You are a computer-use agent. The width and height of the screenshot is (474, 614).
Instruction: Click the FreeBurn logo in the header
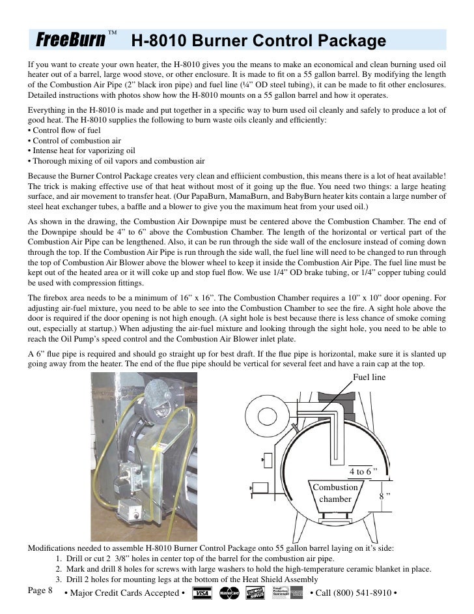[x=70, y=40]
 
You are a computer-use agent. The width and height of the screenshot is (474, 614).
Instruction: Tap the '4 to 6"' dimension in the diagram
[x=363, y=471]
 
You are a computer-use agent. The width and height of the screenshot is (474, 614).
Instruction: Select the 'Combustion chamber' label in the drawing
[x=335, y=493]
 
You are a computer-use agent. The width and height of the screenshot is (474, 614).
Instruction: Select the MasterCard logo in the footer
[x=230, y=593]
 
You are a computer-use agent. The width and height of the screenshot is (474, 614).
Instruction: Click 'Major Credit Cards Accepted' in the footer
[x=124, y=593]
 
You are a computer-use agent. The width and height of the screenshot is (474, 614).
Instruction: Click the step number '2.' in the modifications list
[x=59, y=569]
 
